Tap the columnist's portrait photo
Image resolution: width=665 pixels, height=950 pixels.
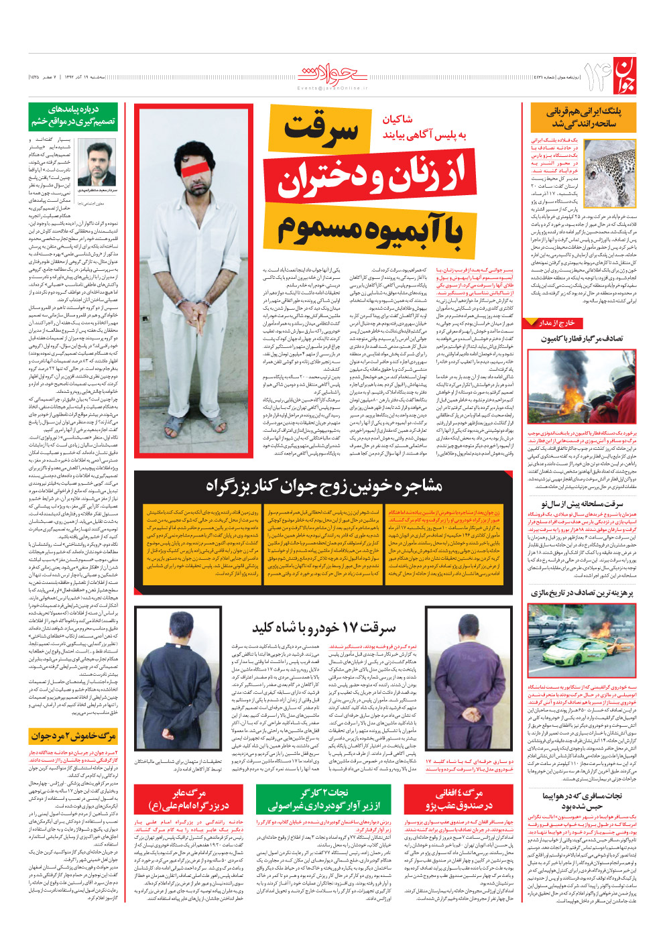(97, 162)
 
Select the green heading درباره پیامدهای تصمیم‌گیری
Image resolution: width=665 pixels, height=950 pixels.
(74, 115)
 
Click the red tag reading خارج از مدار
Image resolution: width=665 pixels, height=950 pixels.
(557, 323)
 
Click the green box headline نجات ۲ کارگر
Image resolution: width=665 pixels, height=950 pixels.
(324, 799)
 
